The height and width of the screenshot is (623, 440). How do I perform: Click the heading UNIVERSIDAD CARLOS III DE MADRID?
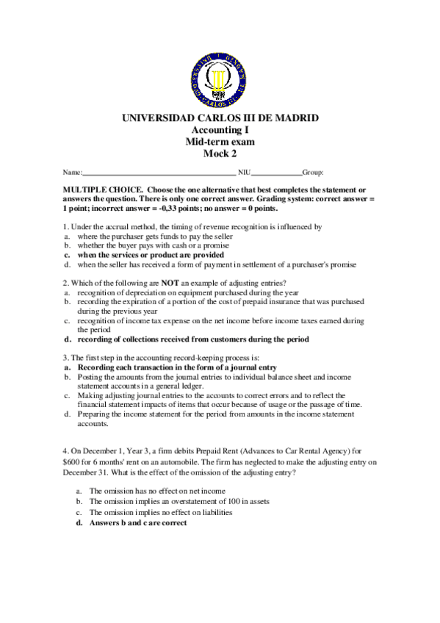click(220, 118)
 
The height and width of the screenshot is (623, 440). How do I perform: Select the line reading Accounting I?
click(220, 130)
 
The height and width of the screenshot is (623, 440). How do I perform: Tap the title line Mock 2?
click(220, 154)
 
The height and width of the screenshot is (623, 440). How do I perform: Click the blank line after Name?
click(159, 173)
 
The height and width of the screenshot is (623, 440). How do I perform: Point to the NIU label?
click(245, 173)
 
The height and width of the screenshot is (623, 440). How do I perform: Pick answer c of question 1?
click(151, 254)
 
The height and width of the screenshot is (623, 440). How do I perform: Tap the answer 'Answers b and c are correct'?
click(138, 523)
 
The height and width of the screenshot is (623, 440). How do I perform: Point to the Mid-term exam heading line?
click(220, 142)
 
